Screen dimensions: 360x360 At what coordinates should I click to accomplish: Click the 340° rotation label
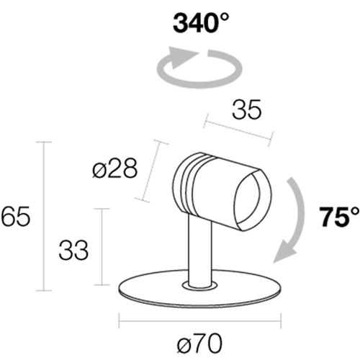click(x=201, y=23)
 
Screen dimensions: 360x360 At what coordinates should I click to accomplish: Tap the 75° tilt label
click(x=339, y=217)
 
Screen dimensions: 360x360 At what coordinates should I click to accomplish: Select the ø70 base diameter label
click(x=199, y=343)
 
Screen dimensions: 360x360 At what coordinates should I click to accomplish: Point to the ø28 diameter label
click(x=115, y=168)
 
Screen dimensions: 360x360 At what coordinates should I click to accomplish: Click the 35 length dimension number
click(x=246, y=109)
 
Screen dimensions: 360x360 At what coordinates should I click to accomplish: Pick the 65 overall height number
click(x=15, y=216)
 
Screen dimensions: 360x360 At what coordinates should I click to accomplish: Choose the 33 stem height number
click(x=73, y=251)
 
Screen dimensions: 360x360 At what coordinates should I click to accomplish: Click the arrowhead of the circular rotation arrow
click(x=182, y=57)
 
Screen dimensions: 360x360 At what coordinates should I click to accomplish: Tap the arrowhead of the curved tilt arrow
click(x=284, y=252)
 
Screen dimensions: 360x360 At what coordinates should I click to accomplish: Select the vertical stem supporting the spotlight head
click(x=200, y=250)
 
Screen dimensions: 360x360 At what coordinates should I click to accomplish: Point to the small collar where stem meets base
click(x=199, y=285)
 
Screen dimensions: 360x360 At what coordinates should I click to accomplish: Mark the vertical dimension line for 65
click(x=44, y=216)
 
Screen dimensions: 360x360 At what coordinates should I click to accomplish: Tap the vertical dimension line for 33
click(x=102, y=247)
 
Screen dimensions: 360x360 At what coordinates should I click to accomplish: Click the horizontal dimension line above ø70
click(x=200, y=320)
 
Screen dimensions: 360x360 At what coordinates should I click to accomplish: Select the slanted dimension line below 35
click(x=238, y=130)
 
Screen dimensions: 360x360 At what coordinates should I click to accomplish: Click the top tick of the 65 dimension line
click(x=44, y=142)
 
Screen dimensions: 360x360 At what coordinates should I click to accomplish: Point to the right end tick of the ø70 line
click(x=281, y=320)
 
